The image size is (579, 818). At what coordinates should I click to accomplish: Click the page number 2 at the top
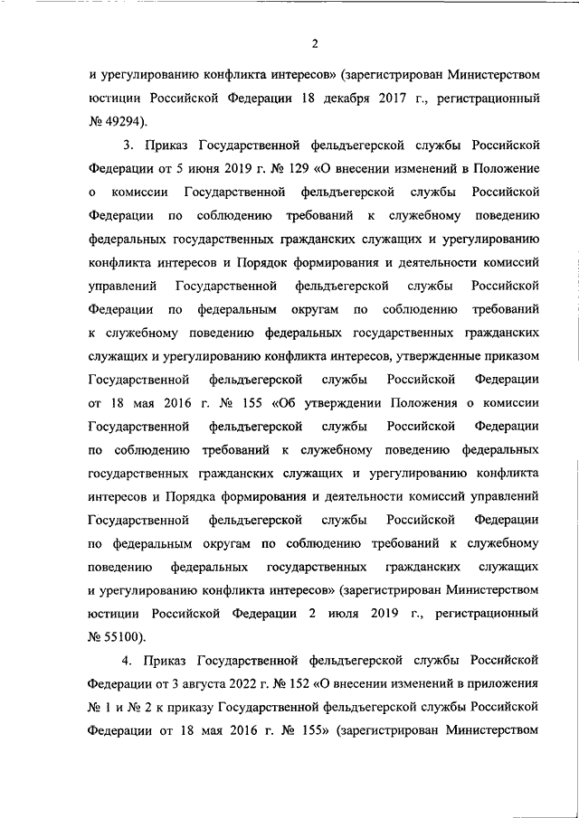coord(315,43)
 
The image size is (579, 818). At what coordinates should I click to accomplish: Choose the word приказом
coord(513,356)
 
